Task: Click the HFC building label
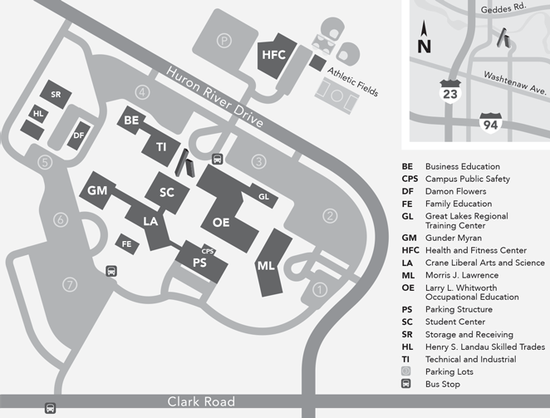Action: coord(273,56)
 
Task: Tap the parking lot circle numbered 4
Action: coord(143,91)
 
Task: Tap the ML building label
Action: coord(266,266)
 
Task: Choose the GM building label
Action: coord(98,191)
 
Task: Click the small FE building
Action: coord(127,244)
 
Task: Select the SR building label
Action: coord(56,95)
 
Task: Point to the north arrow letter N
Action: coord(424,47)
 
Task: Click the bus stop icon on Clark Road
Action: coord(50,409)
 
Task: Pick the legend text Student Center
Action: coord(455,322)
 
